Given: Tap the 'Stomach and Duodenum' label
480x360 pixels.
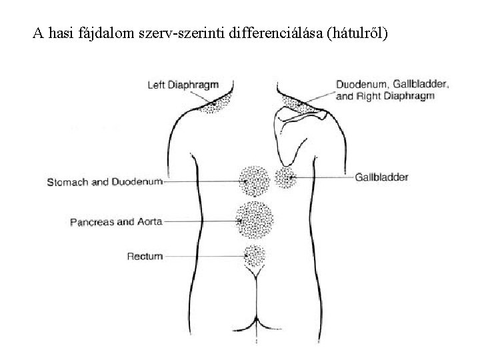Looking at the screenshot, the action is pyautogui.click(x=105, y=181).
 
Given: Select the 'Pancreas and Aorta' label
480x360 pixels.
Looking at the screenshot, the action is pyautogui.click(x=116, y=222).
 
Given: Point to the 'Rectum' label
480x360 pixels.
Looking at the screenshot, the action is pyautogui.click(x=144, y=255).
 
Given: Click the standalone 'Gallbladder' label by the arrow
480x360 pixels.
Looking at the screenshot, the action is pyautogui.click(x=382, y=177).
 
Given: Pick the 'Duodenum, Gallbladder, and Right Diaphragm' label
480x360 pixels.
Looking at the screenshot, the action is pyautogui.click(x=392, y=90).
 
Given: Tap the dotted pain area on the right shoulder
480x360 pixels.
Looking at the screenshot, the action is pyautogui.click(x=292, y=101).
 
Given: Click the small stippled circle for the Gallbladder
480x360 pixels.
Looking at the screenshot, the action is pyautogui.click(x=285, y=177).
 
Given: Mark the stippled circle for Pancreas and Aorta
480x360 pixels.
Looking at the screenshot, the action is pyautogui.click(x=254, y=219).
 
